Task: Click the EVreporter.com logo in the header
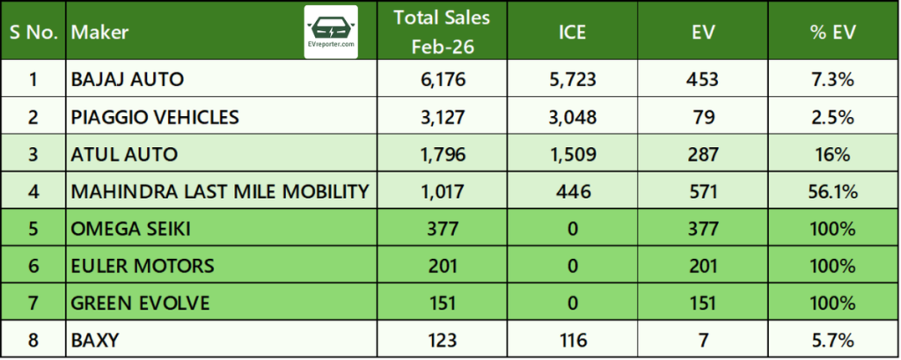coord(330,32)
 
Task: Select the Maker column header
coord(99,33)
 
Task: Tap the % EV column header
coord(833,33)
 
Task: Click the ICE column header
coord(572,33)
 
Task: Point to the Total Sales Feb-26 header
coord(443,32)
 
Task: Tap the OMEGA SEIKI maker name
coord(129,229)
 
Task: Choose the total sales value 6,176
coord(443,80)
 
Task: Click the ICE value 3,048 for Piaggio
coord(572,117)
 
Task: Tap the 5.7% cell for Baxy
coord(833,341)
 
